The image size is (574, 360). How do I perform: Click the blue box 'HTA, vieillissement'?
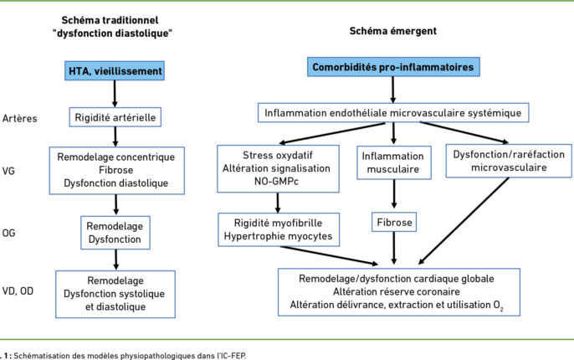pyautogui.click(x=121, y=72)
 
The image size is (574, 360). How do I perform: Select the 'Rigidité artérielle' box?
pyautogui.click(x=121, y=118)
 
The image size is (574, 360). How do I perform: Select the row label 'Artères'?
pyautogui.click(x=20, y=118)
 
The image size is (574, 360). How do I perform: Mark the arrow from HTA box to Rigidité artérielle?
pyautogui.click(x=121, y=95)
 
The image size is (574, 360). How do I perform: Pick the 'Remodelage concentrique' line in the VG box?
pyautogui.click(x=121, y=157)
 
